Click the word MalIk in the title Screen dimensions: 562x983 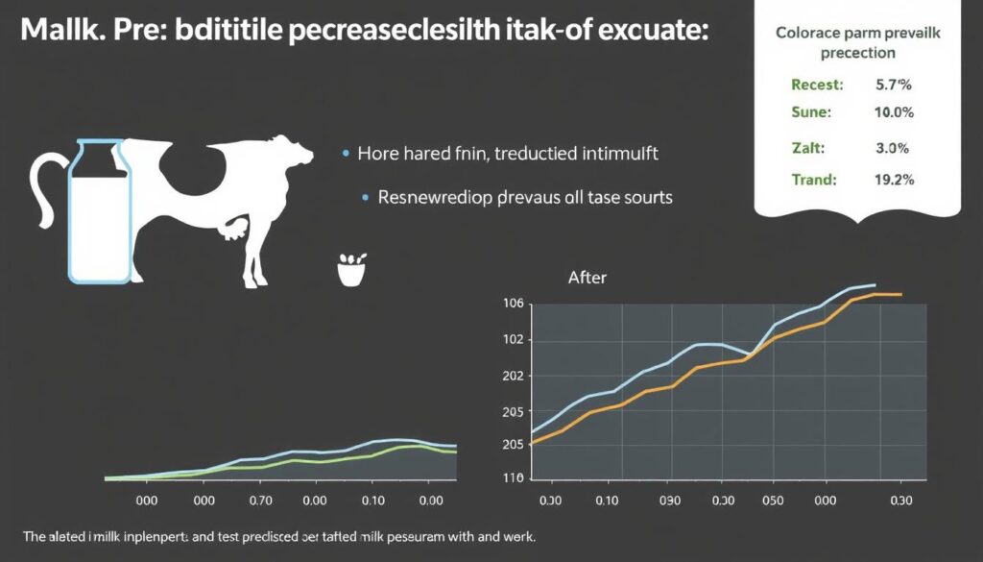(x=57, y=31)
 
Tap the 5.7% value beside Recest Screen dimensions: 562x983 (x=893, y=85)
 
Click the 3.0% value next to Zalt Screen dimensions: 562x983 (x=892, y=149)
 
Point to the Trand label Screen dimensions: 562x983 (x=813, y=179)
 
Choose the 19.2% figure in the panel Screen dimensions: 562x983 (x=893, y=179)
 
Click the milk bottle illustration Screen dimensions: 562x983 (x=99, y=210)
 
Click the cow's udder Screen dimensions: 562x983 (x=233, y=229)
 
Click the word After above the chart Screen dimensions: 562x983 (x=587, y=278)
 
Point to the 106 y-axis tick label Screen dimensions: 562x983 (x=514, y=305)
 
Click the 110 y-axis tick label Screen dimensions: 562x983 (x=514, y=477)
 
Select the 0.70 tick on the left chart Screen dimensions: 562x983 (x=260, y=501)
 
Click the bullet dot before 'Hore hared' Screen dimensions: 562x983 (x=344, y=154)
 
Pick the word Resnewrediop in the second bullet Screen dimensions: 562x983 (x=435, y=198)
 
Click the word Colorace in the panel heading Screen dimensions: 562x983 (x=807, y=33)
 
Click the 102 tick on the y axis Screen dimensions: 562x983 (x=514, y=340)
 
